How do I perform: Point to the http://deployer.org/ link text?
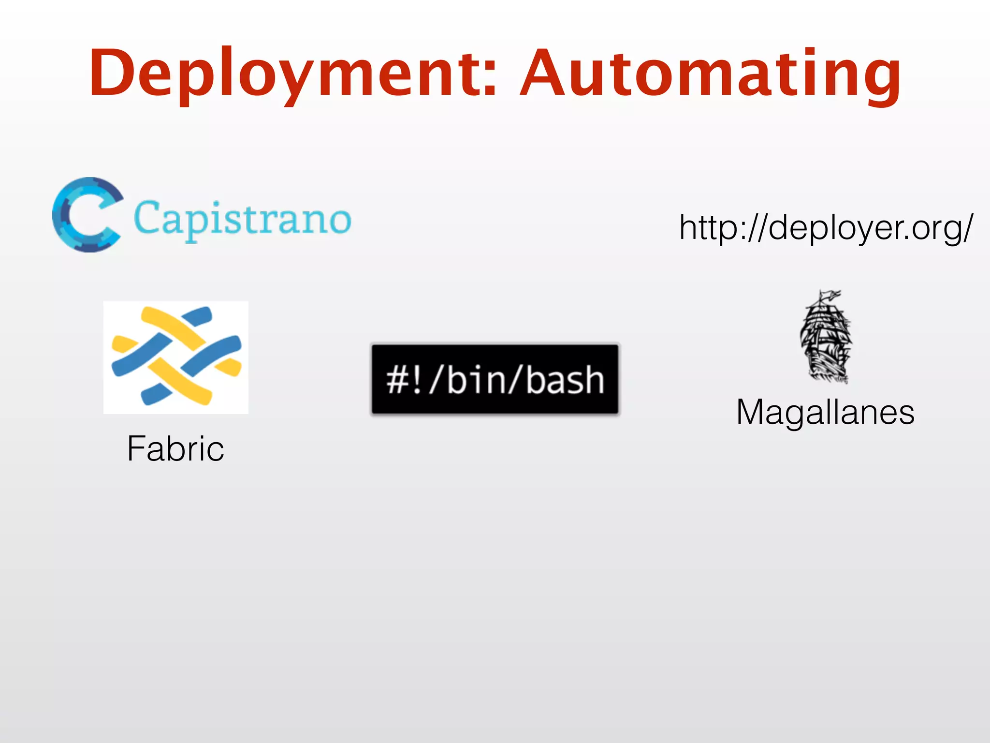tap(826, 227)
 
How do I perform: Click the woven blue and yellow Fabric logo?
tap(176, 357)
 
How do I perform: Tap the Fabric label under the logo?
tap(175, 448)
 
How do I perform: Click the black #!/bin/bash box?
tap(495, 379)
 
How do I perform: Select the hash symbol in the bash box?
tap(398, 380)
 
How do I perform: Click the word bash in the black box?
tap(565, 380)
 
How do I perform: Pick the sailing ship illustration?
tap(826, 337)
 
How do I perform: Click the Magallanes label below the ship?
tap(825, 412)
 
